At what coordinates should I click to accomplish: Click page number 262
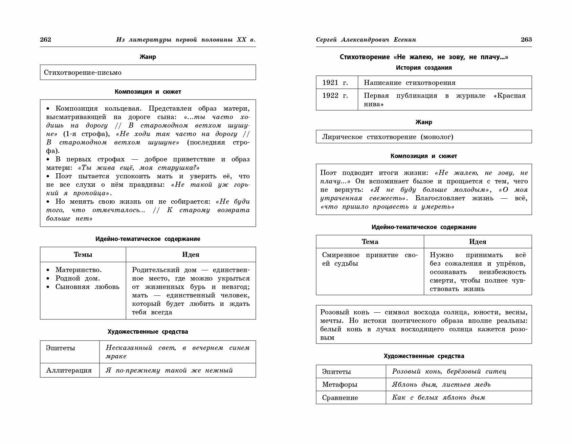click(x=45, y=40)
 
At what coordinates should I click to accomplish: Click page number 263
click(x=526, y=40)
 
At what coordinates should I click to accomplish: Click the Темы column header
click(x=83, y=254)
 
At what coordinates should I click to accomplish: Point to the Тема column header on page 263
click(x=370, y=242)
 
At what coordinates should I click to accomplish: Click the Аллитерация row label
click(x=69, y=370)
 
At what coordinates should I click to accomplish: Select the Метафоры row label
click(x=340, y=384)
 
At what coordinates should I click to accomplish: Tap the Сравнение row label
click(x=340, y=398)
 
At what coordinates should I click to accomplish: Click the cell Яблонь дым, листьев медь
click(x=441, y=384)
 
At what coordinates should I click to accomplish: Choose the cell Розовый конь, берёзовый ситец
click(x=449, y=372)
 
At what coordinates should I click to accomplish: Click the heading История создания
click(x=424, y=68)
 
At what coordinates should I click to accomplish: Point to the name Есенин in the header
click(x=405, y=40)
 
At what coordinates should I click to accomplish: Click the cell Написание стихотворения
click(x=410, y=83)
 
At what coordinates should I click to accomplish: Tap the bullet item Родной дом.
click(x=78, y=278)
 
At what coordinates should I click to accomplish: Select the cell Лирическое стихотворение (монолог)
click(x=388, y=137)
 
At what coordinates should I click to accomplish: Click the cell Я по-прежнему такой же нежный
click(x=169, y=370)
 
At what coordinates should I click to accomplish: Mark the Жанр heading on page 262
click(x=148, y=57)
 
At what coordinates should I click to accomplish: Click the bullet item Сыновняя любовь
click(x=87, y=287)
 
